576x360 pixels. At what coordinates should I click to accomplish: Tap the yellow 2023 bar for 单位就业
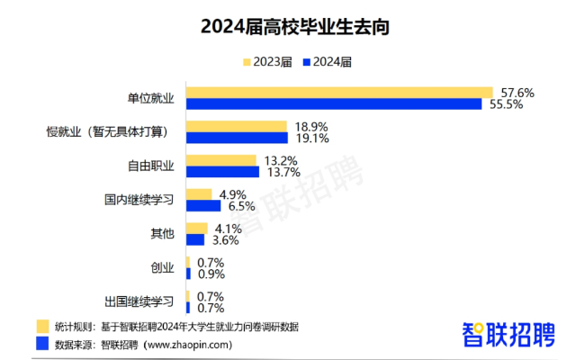pyautogui.click(x=339, y=93)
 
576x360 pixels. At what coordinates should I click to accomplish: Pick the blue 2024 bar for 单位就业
pyautogui.click(x=334, y=104)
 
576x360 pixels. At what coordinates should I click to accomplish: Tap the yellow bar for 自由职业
pyautogui.click(x=220, y=161)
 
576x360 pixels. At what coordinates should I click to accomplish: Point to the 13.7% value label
pyautogui.click(x=280, y=172)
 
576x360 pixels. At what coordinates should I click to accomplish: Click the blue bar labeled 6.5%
pyautogui.click(x=202, y=206)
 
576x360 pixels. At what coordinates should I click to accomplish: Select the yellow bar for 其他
pyautogui.click(x=196, y=229)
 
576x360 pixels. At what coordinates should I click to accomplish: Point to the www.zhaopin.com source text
pyautogui.click(x=188, y=345)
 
